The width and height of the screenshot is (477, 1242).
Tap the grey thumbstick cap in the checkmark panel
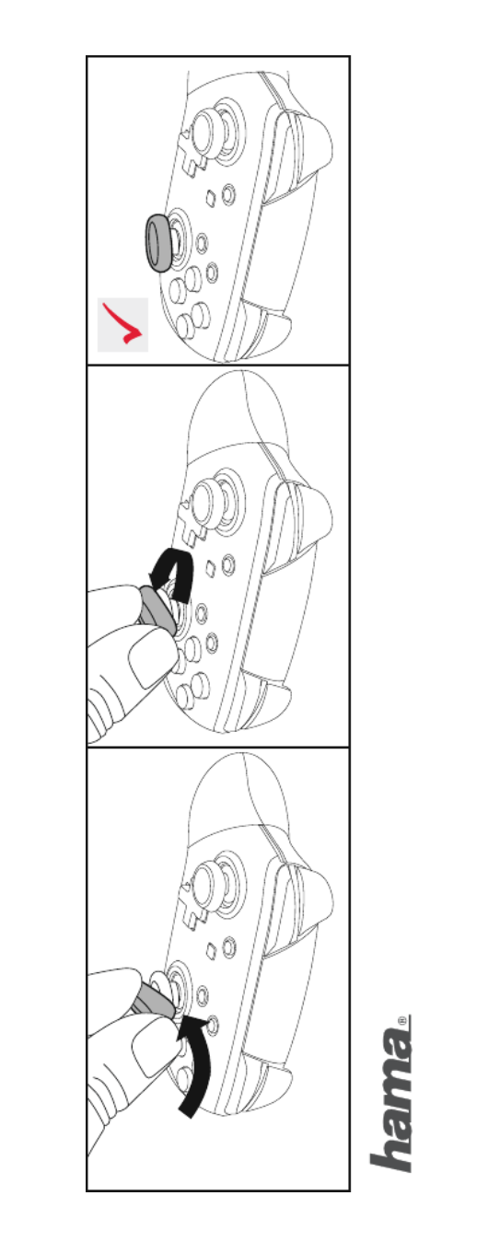[158, 243]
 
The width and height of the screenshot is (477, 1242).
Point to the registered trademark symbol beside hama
[402, 1019]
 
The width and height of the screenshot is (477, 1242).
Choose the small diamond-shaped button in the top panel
[210, 198]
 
